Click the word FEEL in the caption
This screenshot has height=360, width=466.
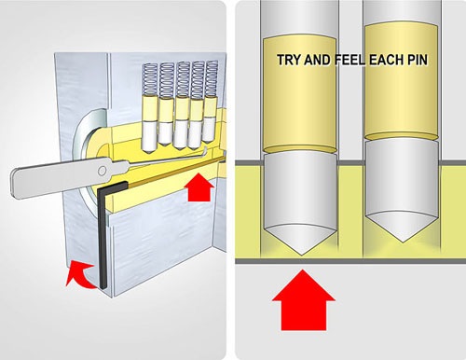350,60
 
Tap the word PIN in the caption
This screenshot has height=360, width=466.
418,60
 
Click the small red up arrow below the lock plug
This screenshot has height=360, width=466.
199,187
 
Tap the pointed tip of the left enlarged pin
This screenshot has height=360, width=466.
302,255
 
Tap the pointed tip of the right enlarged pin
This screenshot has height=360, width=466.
403,242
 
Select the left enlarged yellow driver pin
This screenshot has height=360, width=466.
300,94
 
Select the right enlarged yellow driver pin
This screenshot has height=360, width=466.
402,81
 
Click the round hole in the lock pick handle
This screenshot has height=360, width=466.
102,171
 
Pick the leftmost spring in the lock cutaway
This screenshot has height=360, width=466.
149,80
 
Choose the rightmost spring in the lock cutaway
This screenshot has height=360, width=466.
212,78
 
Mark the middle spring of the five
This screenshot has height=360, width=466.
183,79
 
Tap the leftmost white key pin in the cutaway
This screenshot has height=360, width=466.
150,137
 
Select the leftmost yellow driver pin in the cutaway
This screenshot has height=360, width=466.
150,109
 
